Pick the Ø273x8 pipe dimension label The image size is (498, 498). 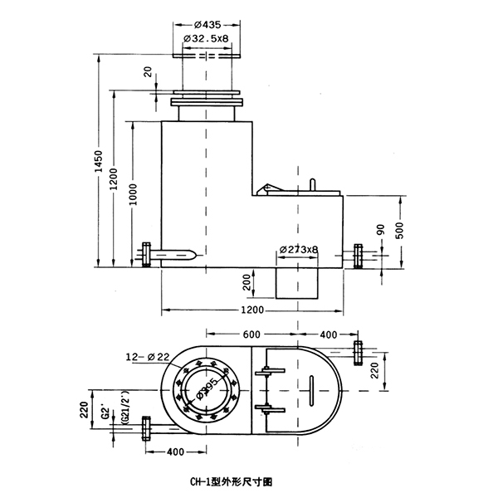pyautogui.click(x=299, y=249)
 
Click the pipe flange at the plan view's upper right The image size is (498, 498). pyautogui.click(x=358, y=351)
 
